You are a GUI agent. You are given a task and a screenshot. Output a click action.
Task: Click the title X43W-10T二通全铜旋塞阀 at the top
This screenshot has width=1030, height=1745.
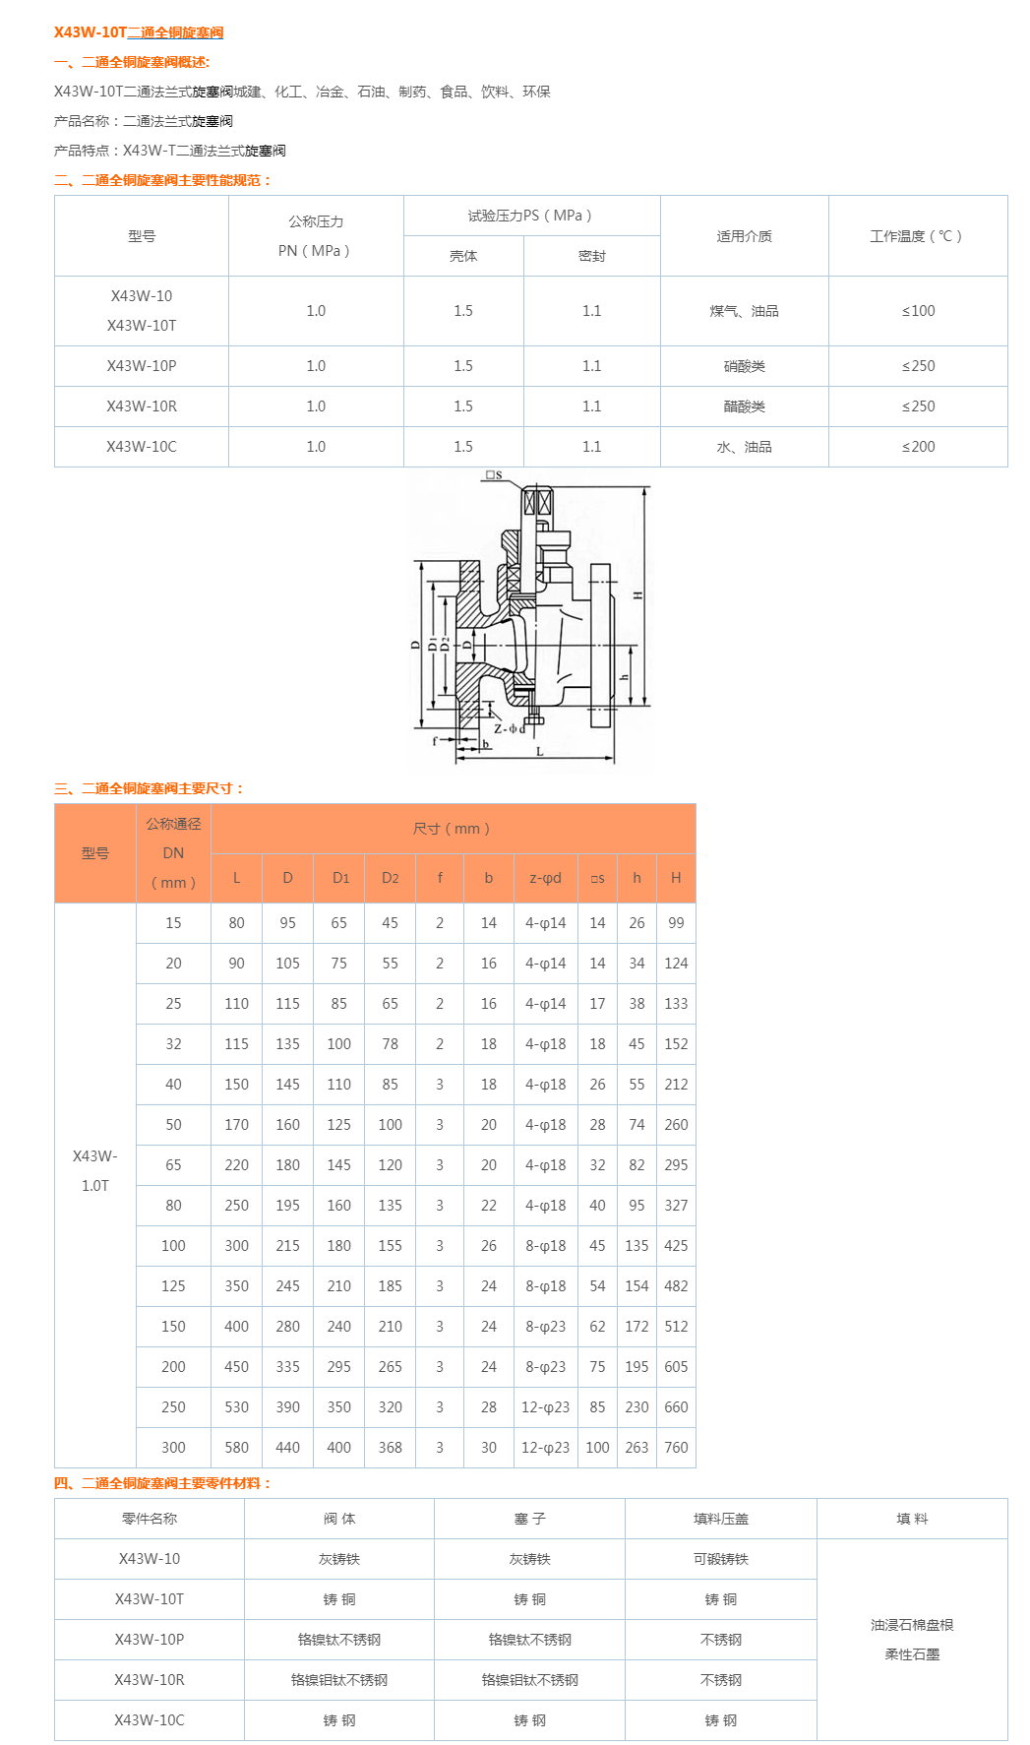(x=139, y=32)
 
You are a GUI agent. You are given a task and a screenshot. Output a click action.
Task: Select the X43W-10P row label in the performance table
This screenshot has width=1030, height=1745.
(x=142, y=366)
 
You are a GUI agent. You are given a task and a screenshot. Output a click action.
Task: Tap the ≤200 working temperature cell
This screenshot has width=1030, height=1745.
(x=918, y=447)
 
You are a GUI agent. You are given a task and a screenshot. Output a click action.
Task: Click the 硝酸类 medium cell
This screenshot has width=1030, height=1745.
(x=744, y=366)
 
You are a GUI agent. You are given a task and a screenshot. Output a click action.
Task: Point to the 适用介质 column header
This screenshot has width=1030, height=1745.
(x=744, y=236)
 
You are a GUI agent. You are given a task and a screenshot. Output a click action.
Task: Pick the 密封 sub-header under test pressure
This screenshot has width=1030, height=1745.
(x=591, y=256)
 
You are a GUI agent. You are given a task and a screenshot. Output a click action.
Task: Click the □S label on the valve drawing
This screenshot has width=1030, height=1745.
(x=493, y=475)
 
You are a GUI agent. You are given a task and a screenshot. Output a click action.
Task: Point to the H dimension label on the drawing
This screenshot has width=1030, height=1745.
(x=637, y=595)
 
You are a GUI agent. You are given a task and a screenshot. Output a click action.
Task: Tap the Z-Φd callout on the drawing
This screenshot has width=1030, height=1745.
(x=509, y=729)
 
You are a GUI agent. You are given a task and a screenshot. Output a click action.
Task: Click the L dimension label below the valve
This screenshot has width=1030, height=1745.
(x=539, y=751)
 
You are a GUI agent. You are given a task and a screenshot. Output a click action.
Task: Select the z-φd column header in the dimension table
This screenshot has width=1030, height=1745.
(x=545, y=878)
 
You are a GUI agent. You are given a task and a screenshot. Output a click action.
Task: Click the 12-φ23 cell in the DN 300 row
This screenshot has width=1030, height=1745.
(x=545, y=1448)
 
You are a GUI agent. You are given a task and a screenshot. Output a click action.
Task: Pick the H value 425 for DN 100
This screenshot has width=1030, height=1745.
(x=676, y=1246)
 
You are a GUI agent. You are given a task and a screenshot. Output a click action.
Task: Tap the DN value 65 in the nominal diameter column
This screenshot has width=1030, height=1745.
(x=173, y=1165)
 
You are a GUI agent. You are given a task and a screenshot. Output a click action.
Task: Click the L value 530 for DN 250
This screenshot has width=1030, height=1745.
(x=236, y=1407)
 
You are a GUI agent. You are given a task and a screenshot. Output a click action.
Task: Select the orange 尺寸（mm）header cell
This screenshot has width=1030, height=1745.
(x=453, y=829)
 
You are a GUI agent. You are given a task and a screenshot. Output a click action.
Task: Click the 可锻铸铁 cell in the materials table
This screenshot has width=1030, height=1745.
(x=720, y=1559)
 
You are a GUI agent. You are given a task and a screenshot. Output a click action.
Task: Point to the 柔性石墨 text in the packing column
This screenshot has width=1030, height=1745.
(x=911, y=1654)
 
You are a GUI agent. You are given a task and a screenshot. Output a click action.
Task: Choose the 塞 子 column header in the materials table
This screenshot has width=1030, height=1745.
(x=529, y=1519)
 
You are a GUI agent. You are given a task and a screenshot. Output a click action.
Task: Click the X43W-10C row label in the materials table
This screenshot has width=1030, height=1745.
(x=150, y=1720)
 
